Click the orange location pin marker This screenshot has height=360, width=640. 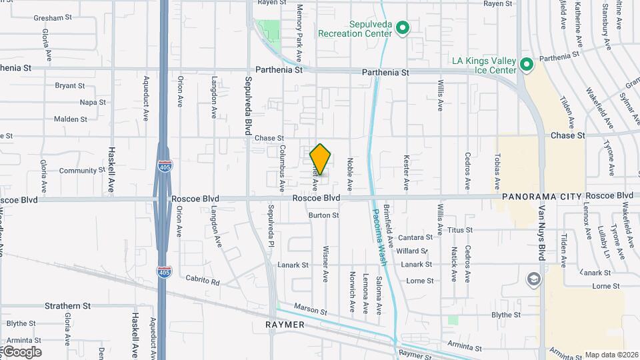[x=321, y=159]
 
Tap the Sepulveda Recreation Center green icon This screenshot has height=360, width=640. [x=402, y=28]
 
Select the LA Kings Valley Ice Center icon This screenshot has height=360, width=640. [x=527, y=65]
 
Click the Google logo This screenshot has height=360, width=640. [x=21, y=351]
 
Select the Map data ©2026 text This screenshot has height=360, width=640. [x=611, y=355]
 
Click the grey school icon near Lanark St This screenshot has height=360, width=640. [x=533, y=279]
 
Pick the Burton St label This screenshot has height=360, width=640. [x=323, y=215]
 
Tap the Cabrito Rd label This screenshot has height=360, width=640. [x=203, y=281]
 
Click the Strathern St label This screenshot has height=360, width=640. [x=67, y=306]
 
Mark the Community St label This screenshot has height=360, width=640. [x=78, y=171]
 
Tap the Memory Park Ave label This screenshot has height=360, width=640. [x=300, y=33]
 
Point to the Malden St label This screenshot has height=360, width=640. [x=70, y=119]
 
